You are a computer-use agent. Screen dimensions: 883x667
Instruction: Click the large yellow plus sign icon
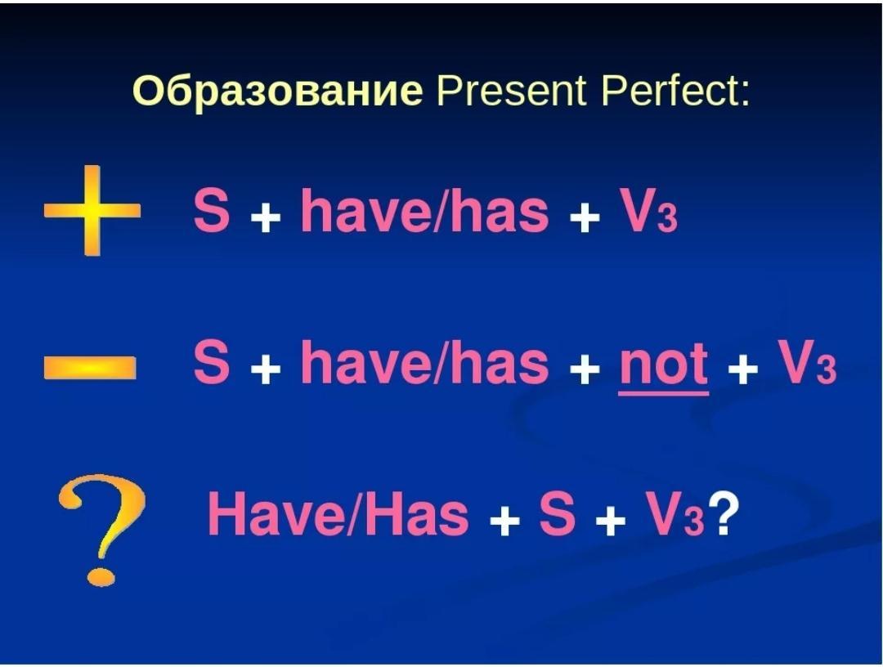point(92,211)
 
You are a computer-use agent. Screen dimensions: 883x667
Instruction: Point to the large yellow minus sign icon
point(90,367)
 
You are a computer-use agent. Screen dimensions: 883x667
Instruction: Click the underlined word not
point(663,365)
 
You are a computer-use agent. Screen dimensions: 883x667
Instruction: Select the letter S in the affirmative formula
point(212,210)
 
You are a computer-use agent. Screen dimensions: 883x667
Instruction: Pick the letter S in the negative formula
point(212,362)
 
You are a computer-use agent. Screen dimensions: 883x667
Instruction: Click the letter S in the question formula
point(558,513)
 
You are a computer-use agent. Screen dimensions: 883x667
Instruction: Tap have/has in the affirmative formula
point(424,209)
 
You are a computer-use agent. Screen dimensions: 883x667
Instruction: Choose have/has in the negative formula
point(424,361)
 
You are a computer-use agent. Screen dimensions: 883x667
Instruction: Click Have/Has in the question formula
point(338,513)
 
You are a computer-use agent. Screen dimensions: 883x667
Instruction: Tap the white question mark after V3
point(720,513)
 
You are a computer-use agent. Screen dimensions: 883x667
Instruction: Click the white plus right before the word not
point(584,369)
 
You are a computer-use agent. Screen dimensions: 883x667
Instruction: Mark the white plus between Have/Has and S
point(504,521)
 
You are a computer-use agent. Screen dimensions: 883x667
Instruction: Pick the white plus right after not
point(742,369)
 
